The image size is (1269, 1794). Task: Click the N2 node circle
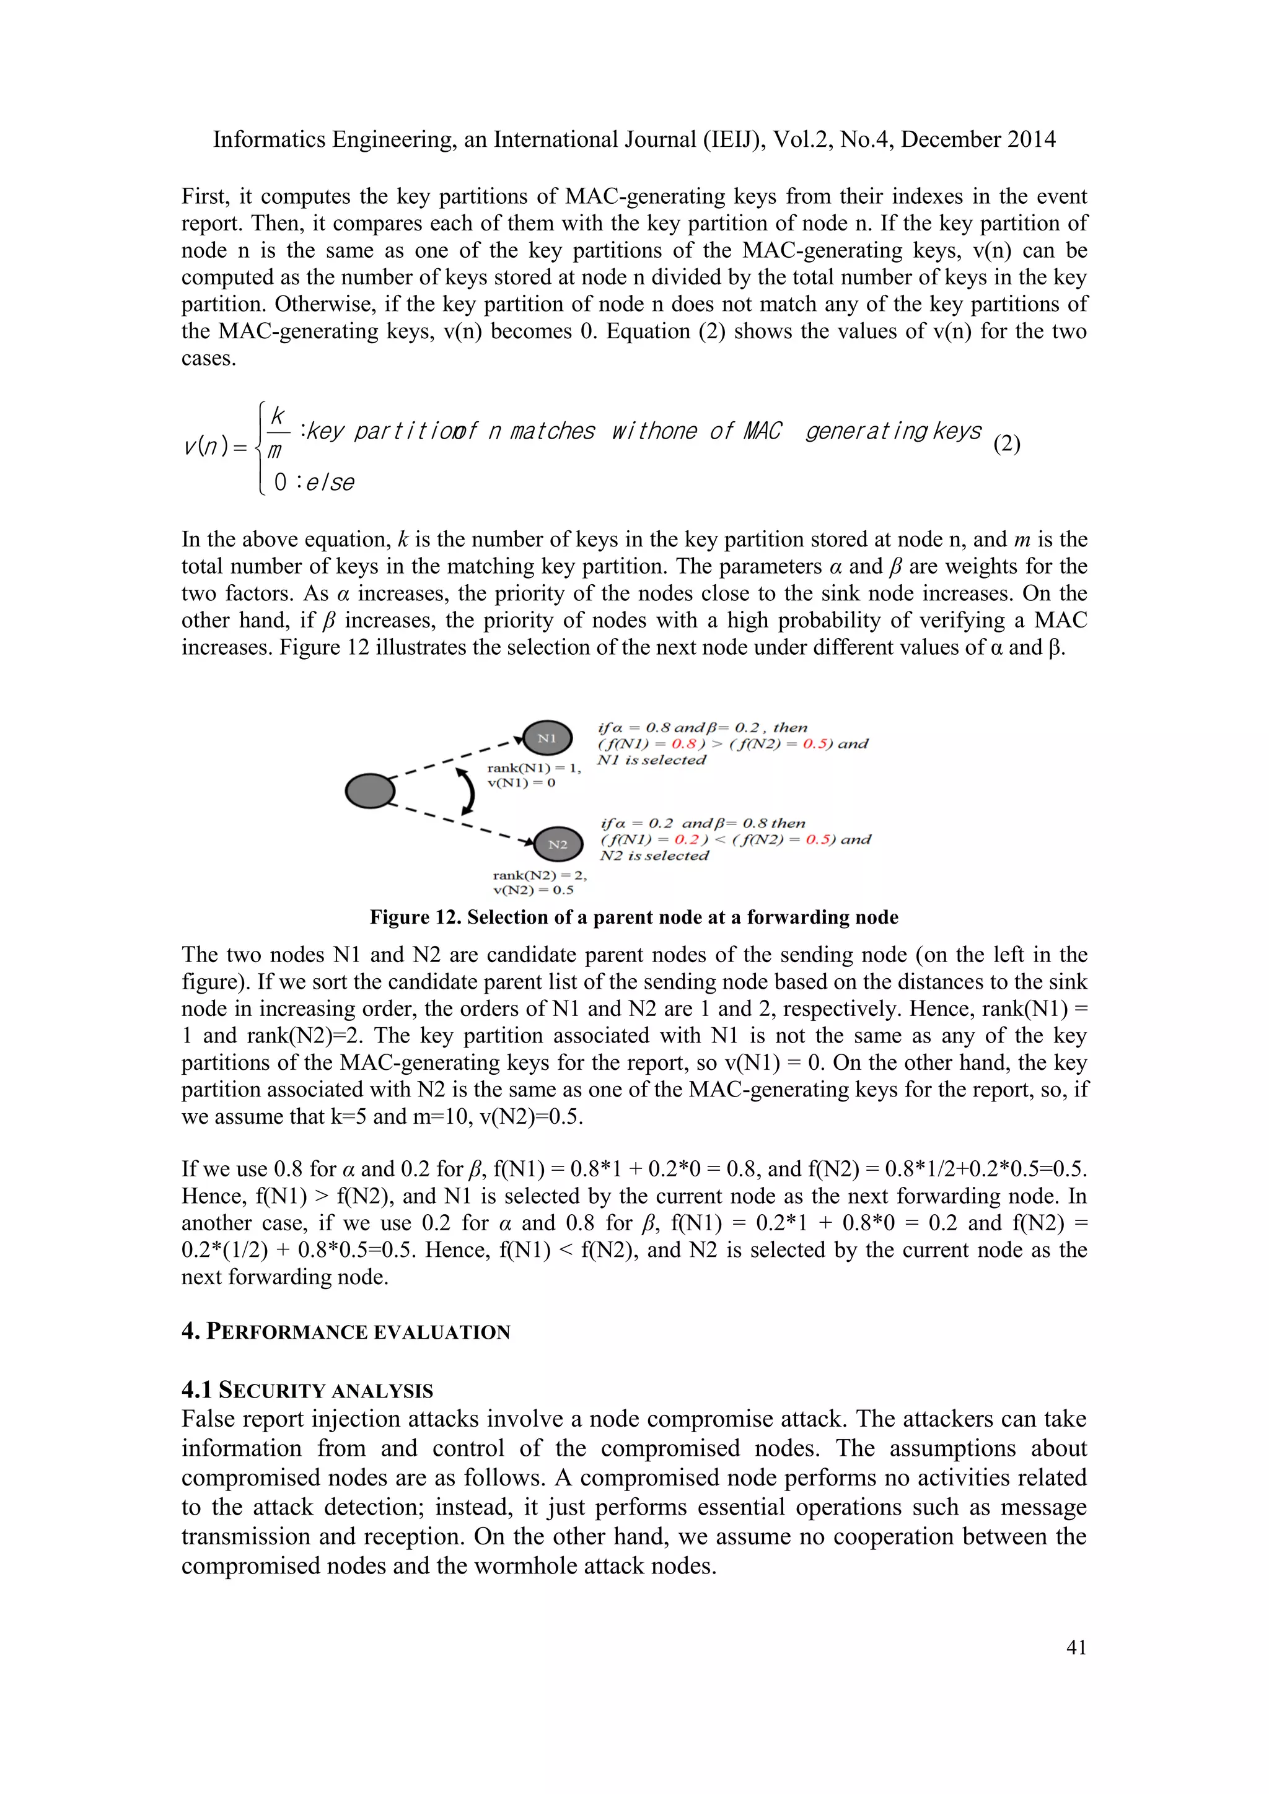coord(558,844)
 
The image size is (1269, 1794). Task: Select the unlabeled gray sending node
coord(369,790)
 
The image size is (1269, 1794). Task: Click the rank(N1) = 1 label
coord(534,768)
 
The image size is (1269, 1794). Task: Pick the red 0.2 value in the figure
coord(686,839)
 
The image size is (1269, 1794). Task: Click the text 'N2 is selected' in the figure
coord(654,855)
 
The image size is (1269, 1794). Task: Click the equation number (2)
coord(1006,444)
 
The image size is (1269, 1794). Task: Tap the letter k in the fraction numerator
coord(278,416)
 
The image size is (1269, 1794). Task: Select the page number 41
coord(1076,1647)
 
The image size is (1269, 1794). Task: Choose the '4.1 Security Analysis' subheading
coord(307,1390)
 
